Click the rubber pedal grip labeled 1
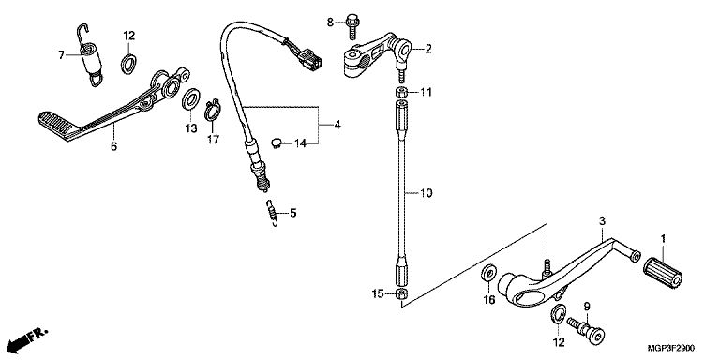pos(663,272)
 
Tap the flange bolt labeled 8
pos(353,26)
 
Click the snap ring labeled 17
pos(213,111)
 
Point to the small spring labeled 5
pos(272,213)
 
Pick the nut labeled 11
pos(401,91)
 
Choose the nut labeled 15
pos(402,293)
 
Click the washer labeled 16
pos(488,273)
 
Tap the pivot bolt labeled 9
pos(586,330)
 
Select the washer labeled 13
pos(191,99)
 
